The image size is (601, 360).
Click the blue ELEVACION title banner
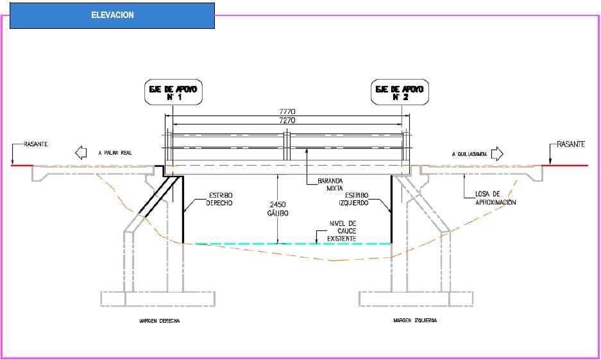(112, 15)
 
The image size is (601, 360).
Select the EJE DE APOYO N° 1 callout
(173, 92)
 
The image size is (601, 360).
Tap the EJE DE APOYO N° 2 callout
(400, 92)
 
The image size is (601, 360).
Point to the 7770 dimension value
(287, 112)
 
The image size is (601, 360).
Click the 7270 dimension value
(287, 121)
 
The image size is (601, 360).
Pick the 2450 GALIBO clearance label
(278, 209)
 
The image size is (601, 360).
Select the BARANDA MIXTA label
(330, 184)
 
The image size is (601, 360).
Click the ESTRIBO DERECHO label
(219, 199)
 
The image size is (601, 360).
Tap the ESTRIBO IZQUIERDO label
(353, 199)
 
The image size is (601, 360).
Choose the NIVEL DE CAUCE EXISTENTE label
(341, 231)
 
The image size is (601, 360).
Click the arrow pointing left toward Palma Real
(81, 153)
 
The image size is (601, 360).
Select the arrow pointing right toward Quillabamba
(497, 154)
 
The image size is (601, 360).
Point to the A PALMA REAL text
(115, 153)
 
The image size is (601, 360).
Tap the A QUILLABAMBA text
(470, 154)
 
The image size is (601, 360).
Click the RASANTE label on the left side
(36, 144)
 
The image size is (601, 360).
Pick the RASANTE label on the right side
(571, 144)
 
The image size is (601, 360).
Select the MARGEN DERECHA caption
(160, 321)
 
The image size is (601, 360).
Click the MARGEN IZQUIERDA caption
(415, 320)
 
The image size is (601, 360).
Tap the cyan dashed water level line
(293, 244)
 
